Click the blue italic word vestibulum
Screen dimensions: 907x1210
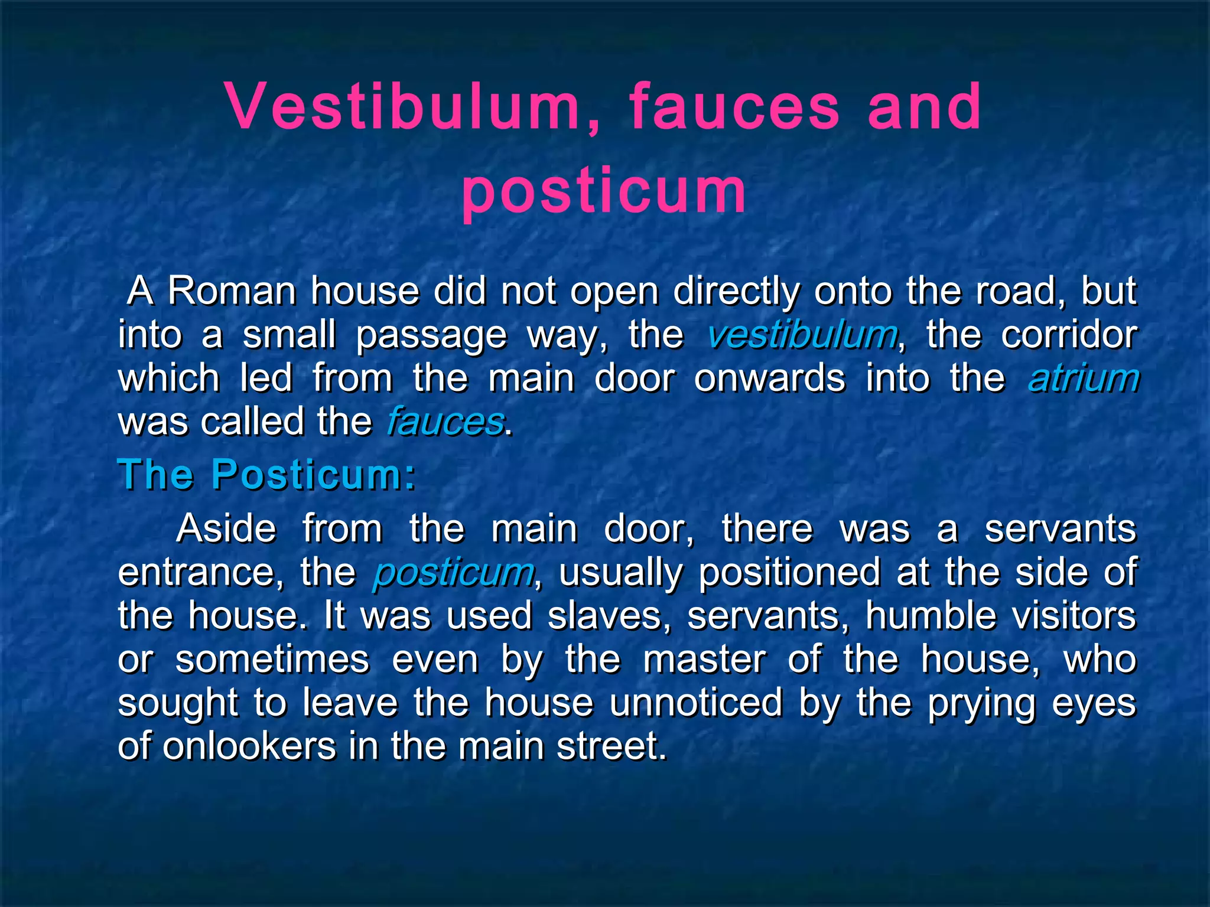802,335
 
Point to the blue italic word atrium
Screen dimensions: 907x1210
1084,379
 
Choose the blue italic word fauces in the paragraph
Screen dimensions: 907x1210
445,422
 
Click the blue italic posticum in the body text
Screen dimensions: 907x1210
453,572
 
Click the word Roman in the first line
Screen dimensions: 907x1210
232,291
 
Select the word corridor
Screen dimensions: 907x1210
1068,335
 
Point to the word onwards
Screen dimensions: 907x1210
770,379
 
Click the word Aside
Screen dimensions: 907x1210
226,528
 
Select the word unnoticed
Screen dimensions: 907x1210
695,703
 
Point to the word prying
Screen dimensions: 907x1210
982,704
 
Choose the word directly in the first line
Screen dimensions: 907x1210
736,292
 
